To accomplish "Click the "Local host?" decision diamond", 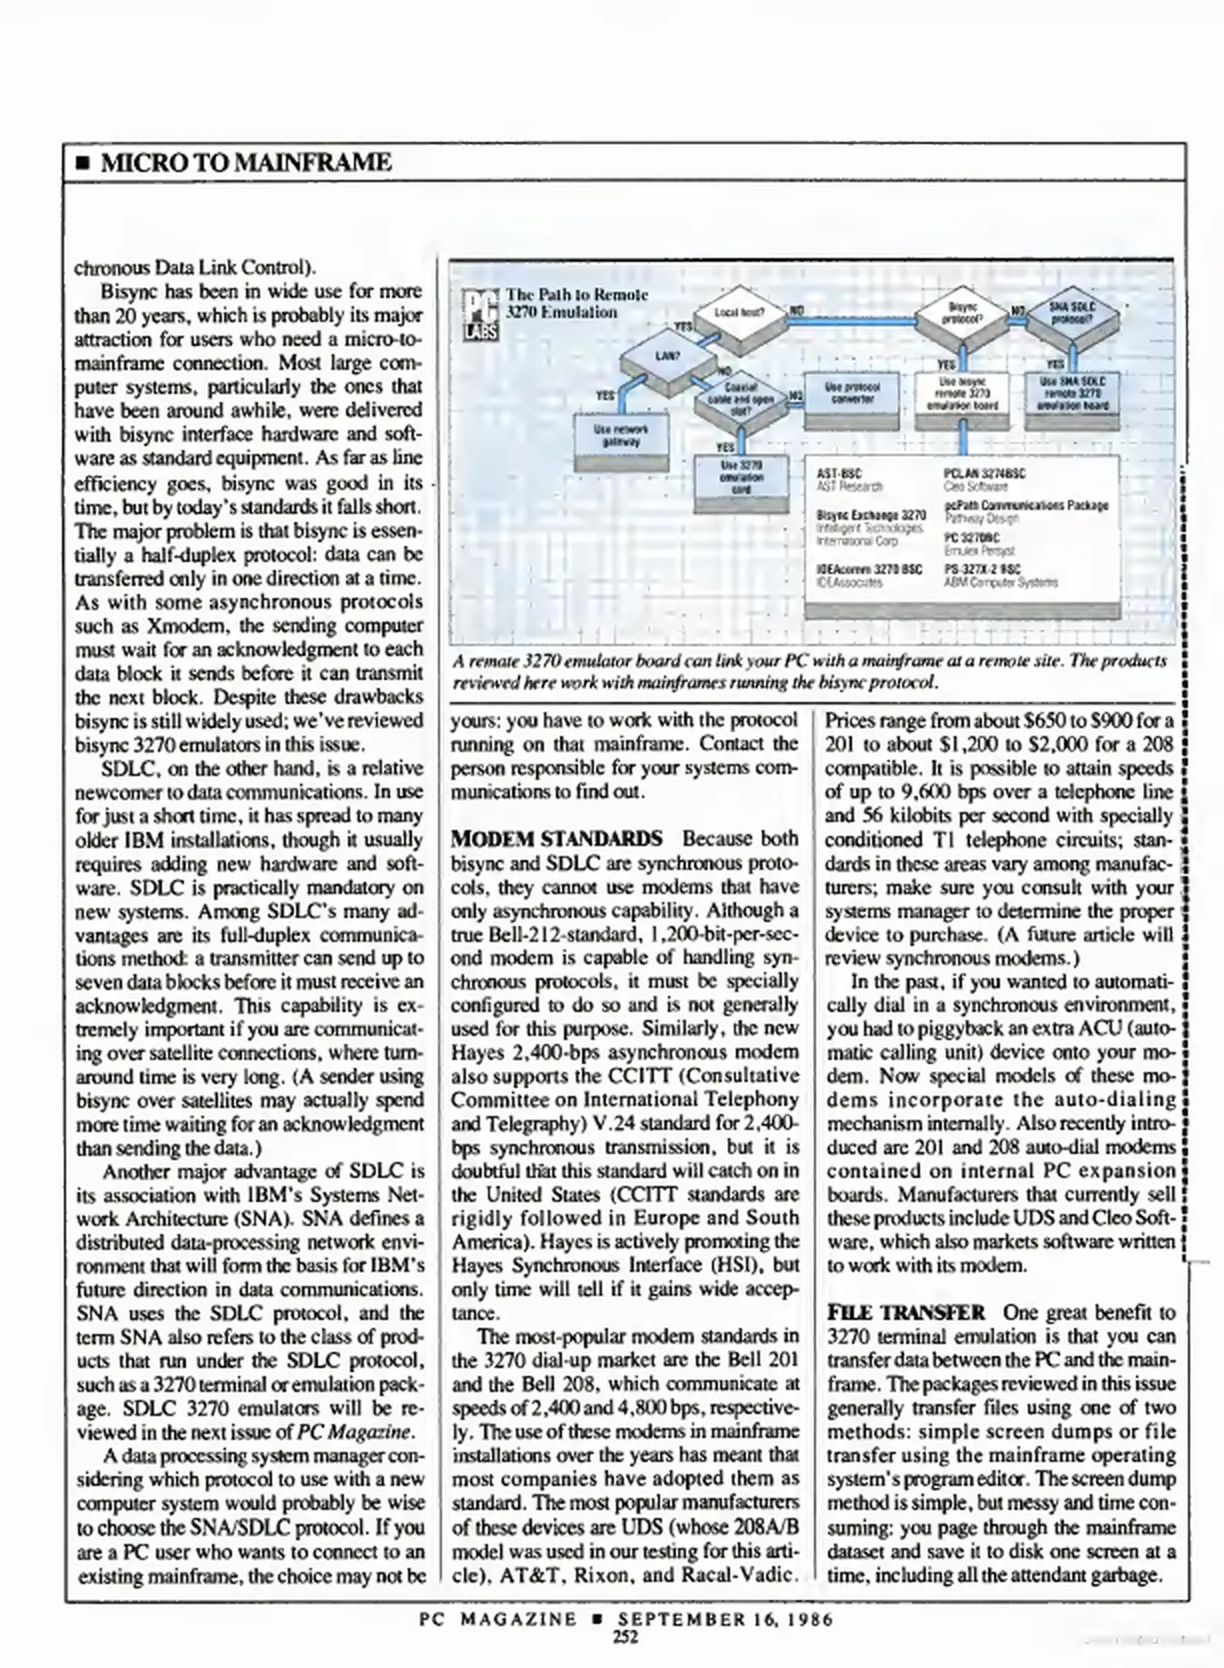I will point(738,313).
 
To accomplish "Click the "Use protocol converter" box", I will point(852,393).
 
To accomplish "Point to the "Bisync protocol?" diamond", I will point(963,312).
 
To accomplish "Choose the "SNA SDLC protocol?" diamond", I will point(1073,312).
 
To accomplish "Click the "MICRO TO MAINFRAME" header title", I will point(246,163).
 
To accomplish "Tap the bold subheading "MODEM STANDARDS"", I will point(556,839).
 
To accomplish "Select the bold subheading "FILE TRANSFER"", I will point(906,1313).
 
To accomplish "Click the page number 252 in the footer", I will point(625,1636).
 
